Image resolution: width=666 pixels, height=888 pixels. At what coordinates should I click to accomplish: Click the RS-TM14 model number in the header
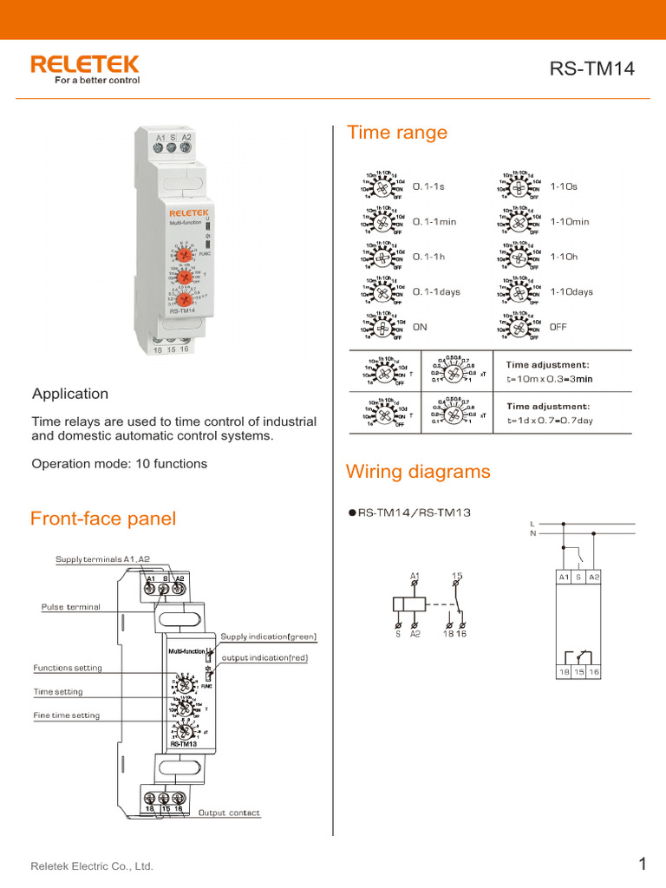592,70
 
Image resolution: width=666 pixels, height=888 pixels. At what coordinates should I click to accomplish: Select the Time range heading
397,133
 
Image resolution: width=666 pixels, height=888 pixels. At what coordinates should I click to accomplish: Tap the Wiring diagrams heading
418,472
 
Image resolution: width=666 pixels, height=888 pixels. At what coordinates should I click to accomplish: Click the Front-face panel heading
102,519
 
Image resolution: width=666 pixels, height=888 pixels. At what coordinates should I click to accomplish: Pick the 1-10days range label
571,292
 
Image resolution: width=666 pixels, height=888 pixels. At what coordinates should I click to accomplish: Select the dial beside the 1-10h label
519,258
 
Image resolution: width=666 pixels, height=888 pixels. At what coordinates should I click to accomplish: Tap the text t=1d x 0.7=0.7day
550,421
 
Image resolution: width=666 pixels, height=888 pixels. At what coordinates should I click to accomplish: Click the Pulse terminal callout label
71,607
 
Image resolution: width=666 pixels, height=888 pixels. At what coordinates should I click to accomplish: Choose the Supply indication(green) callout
269,637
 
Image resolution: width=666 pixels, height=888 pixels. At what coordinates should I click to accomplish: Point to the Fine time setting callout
66,715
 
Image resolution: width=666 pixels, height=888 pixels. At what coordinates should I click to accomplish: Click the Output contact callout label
229,813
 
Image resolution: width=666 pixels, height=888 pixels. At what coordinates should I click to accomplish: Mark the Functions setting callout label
67,668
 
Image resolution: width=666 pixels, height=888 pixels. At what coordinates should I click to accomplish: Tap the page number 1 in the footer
643,864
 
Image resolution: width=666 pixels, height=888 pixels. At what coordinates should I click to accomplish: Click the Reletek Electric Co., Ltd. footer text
92,866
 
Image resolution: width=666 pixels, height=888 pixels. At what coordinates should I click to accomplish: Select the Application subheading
70,394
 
